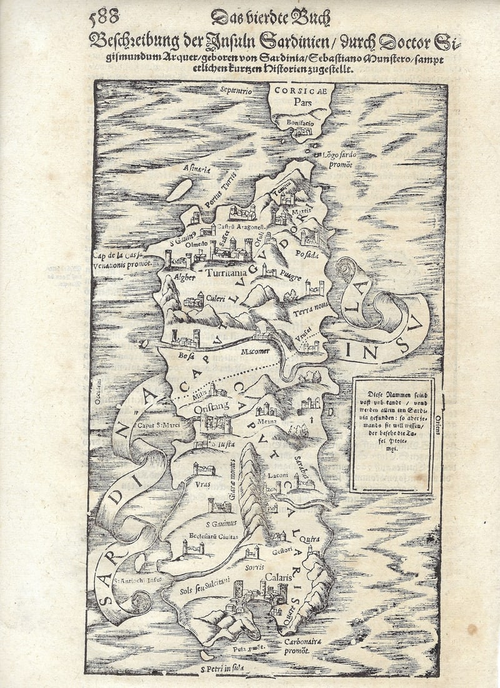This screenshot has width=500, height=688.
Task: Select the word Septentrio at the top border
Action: pyautogui.click(x=236, y=91)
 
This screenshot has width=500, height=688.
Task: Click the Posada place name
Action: pyautogui.click(x=307, y=254)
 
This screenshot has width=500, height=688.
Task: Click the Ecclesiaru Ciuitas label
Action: pyautogui.click(x=212, y=536)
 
